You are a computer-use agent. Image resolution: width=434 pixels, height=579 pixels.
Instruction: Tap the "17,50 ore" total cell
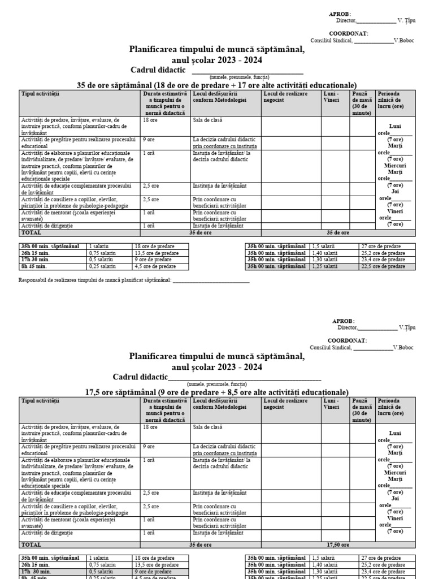(x=338, y=545)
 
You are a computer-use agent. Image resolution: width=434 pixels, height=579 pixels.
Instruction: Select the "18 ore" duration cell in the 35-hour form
(x=150, y=120)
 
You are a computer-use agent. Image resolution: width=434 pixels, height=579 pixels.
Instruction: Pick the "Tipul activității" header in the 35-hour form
(x=40, y=94)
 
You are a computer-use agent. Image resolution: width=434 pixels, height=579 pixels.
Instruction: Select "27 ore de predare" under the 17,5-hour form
(x=383, y=558)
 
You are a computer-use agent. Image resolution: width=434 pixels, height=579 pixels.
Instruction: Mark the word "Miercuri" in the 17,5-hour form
(x=395, y=473)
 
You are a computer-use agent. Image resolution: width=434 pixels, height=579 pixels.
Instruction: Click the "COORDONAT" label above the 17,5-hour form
(x=349, y=340)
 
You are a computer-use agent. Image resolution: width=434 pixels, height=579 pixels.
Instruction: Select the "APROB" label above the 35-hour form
(x=340, y=14)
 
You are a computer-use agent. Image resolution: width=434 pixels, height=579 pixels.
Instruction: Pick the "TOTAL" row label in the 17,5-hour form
(x=31, y=545)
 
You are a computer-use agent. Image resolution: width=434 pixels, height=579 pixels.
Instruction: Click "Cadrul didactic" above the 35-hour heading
(x=158, y=70)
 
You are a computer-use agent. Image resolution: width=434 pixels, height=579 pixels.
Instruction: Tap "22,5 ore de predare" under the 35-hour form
(x=383, y=266)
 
